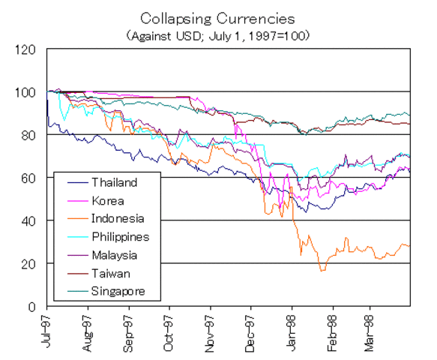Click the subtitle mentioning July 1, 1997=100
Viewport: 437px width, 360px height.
(218, 34)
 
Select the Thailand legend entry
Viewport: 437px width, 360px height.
(114, 182)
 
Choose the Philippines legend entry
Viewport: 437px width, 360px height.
(120, 236)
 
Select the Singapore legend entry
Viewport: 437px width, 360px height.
(118, 290)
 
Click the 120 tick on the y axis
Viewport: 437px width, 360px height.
(25, 49)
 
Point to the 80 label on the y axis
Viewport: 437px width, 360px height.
(28, 135)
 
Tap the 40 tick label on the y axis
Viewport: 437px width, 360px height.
(28, 220)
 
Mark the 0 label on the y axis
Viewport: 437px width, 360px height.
(32, 307)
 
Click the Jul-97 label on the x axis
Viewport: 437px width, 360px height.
(47, 332)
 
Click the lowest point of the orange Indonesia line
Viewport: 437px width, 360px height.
(322, 271)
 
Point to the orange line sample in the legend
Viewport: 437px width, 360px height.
(72, 219)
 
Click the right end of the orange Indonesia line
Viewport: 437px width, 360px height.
(410, 245)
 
